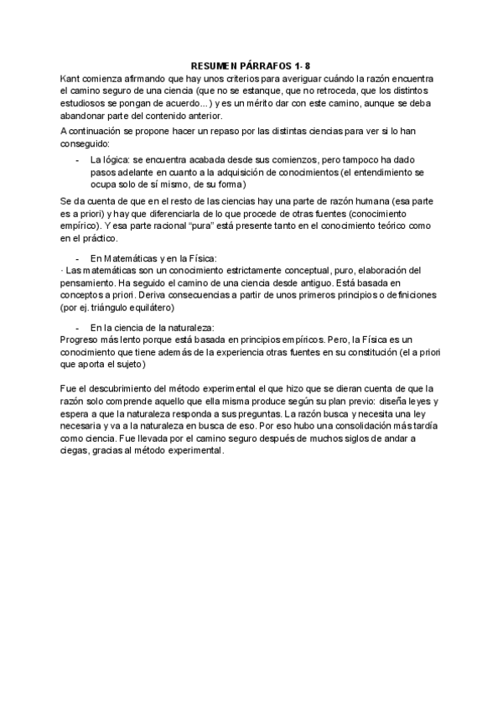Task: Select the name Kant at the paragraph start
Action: (x=70, y=76)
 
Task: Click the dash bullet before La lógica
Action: (x=78, y=158)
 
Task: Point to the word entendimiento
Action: (x=374, y=171)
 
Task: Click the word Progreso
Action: (x=81, y=340)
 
